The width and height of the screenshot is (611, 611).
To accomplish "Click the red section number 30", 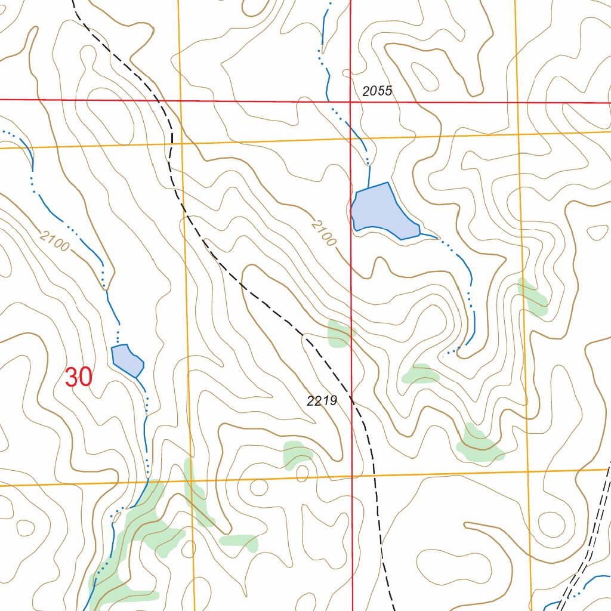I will (78, 377).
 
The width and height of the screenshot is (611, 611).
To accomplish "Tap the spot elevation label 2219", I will (322, 402).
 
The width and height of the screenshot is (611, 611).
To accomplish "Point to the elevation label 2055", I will (377, 91).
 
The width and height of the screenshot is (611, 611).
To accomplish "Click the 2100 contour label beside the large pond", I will (323, 233).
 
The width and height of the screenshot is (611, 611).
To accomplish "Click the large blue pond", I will (382, 212).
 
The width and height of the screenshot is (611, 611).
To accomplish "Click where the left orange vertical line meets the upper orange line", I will (181, 143).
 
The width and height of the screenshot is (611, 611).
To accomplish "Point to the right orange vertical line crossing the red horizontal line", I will (517, 103).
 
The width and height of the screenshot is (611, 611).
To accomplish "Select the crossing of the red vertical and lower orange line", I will (352, 477).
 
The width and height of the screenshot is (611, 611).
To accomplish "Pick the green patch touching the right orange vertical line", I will (532, 296).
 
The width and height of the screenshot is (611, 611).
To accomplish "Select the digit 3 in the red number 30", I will (71, 377).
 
